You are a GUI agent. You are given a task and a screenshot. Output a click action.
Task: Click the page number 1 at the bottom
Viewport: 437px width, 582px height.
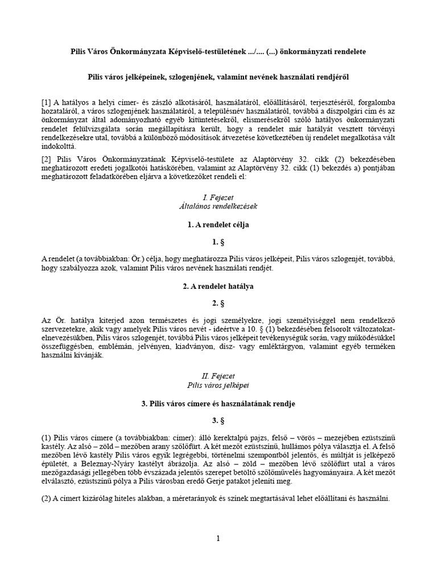click(x=218, y=538)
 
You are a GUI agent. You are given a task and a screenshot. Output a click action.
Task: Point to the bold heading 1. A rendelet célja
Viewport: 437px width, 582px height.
click(x=218, y=225)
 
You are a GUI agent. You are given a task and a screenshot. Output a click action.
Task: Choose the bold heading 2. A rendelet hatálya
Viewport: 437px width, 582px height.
click(x=218, y=287)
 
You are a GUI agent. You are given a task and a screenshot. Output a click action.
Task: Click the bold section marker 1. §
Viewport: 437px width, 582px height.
click(x=218, y=242)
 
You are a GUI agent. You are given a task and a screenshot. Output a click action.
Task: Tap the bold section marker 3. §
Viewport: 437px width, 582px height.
click(x=218, y=421)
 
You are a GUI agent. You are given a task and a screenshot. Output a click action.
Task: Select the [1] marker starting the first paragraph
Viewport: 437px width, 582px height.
click(x=47, y=102)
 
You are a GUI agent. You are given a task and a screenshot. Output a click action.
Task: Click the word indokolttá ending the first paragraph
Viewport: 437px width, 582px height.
click(x=59, y=147)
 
